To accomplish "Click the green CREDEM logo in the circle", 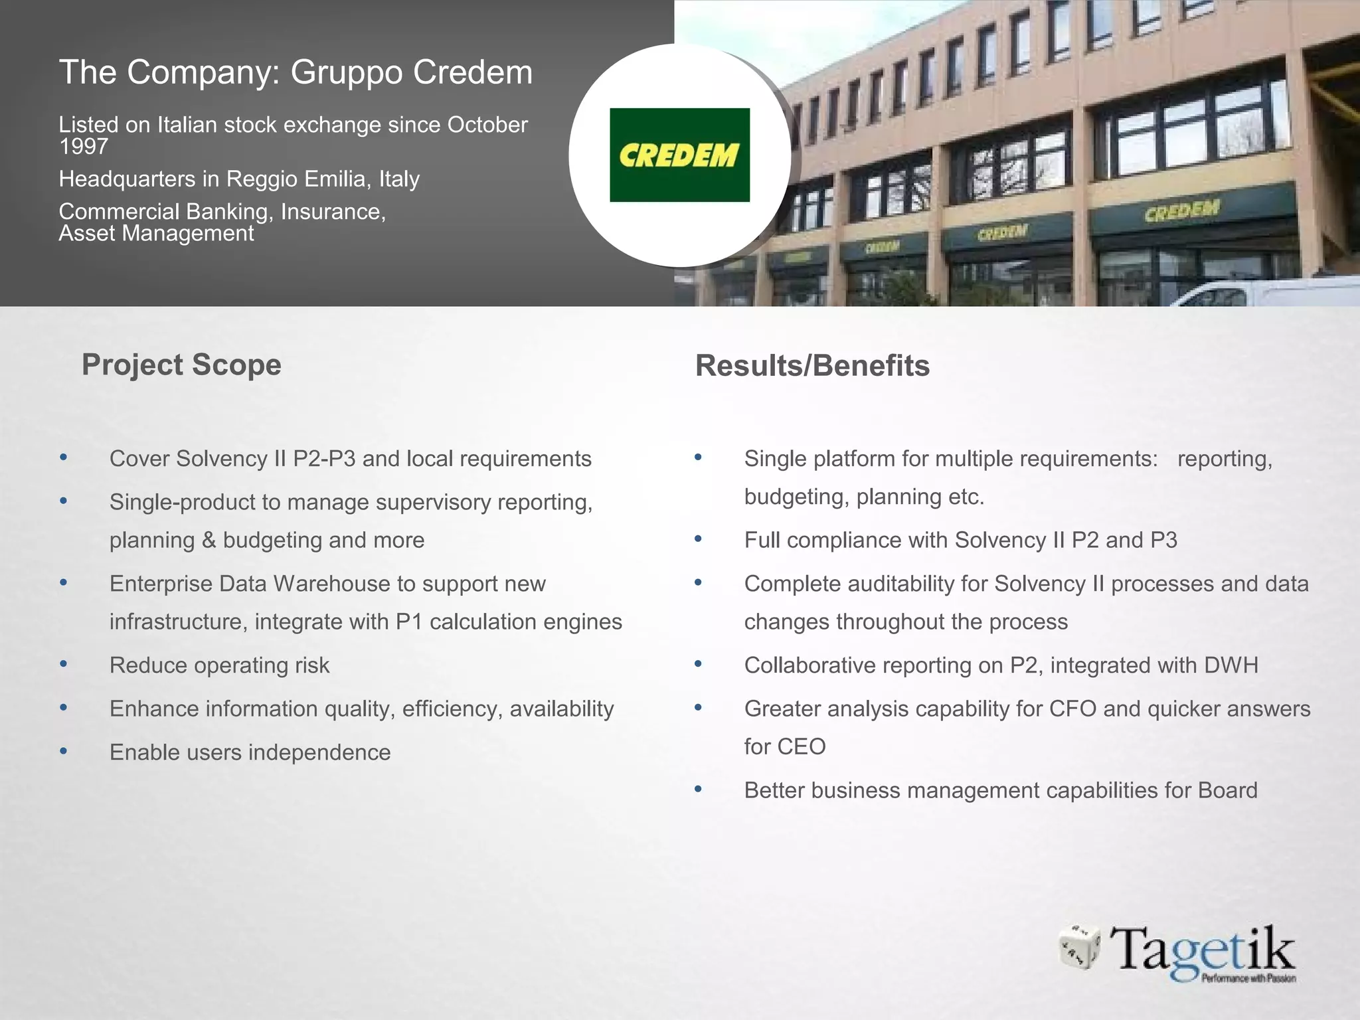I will point(679,155).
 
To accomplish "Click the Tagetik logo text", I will point(1203,951).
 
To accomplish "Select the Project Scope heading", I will point(181,365).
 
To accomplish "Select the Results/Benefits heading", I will point(812,366).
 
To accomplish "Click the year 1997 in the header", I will point(84,146).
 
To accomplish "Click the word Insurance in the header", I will point(333,211).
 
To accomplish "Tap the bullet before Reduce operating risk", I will point(64,664).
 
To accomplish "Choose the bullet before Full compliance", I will point(698,539).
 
